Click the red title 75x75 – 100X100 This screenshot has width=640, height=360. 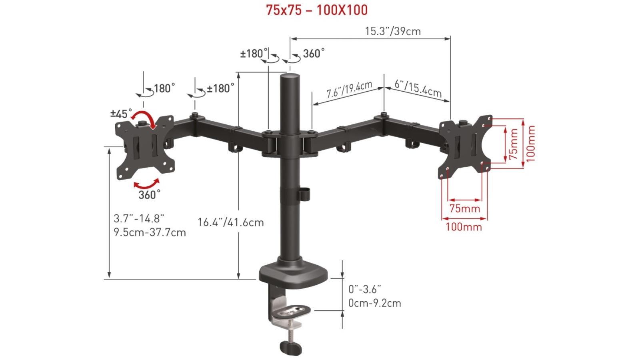point(317,10)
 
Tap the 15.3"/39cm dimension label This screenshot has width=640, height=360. point(392,31)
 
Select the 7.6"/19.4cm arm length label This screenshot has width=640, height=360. point(349,90)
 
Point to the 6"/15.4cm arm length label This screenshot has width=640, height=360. point(418,88)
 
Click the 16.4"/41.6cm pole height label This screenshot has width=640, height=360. point(231,222)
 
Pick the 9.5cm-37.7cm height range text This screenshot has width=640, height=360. point(150,232)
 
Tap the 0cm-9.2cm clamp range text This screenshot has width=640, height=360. point(374,303)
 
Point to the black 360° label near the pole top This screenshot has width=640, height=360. point(314,53)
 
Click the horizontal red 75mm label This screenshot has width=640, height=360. point(464,208)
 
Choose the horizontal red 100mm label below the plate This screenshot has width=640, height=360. point(464,227)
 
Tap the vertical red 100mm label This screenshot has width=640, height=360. point(530,143)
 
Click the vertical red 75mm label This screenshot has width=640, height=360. point(513,144)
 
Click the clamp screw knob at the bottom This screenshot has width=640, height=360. point(290,348)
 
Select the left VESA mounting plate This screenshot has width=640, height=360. point(144,147)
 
